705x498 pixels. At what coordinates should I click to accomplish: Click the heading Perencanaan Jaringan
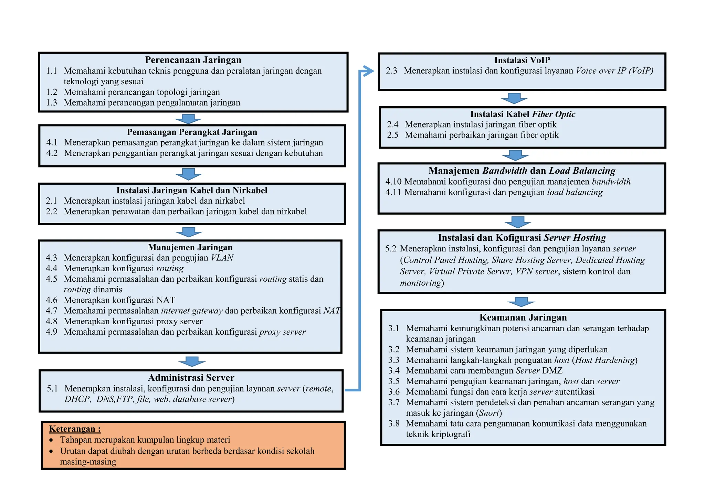pyautogui.click(x=193, y=60)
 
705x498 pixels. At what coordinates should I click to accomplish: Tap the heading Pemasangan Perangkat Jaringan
pyautogui.click(x=192, y=132)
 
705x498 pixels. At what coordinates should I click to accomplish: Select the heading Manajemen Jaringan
pyautogui.click(x=190, y=247)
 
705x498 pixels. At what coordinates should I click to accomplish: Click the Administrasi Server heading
pyautogui.click(x=191, y=378)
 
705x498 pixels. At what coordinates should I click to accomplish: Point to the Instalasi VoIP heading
pyautogui.click(x=522, y=60)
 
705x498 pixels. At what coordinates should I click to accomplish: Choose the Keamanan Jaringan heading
pyautogui.click(x=523, y=317)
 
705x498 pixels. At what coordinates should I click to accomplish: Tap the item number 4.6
pyautogui.click(x=52, y=300)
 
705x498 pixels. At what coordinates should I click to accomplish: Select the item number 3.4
pyautogui.click(x=394, y=371)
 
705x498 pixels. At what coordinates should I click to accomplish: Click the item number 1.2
pyautogui.click(x=52, y=92)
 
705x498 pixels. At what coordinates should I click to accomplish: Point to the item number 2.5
pyautogui.click(x=393, y=135)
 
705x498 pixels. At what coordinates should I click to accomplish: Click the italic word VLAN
pyautogui.click(x=222, y=258)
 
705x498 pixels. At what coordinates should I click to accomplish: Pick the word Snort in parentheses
pyautogui.click(x=489, y=413)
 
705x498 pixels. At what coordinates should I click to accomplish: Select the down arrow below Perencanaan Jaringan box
pyautogui.click(x=188, y=119)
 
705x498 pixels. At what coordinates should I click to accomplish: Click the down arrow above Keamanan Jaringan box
pyautogui.click(x=521, y=302)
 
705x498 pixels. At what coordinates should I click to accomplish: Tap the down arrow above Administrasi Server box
pyautogui.click(x=192, y=361)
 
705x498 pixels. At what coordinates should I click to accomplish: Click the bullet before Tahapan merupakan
pyautogui.click(x=51, y=440)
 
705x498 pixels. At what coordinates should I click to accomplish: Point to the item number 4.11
pyautogui.click(x=393, y=192)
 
